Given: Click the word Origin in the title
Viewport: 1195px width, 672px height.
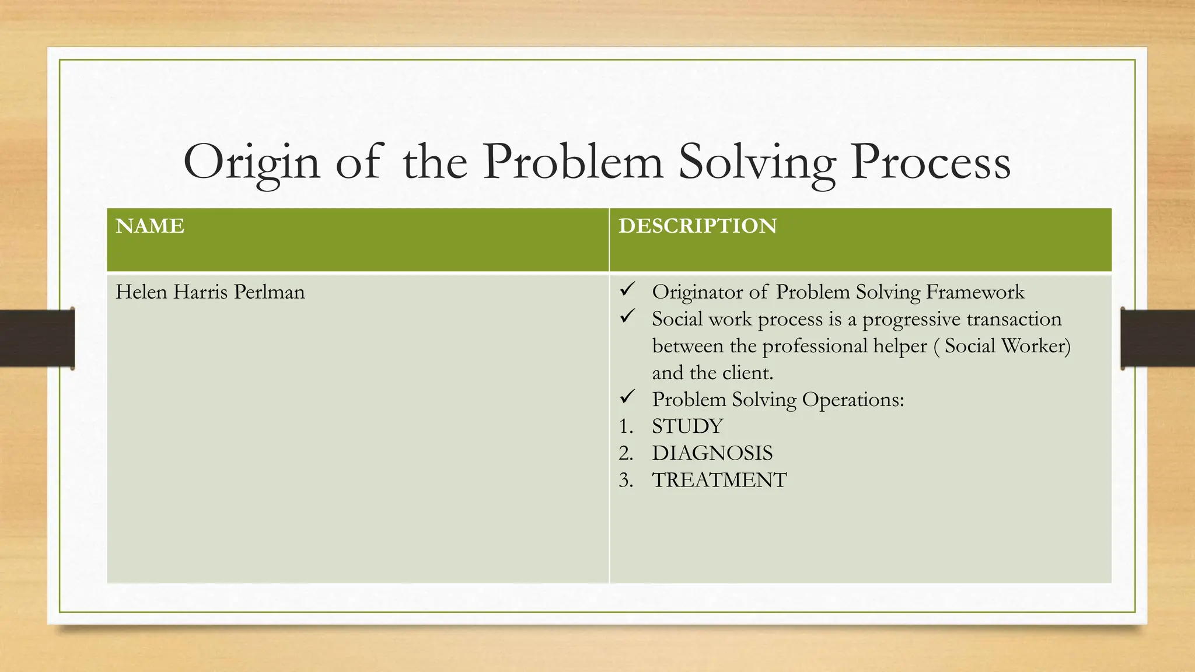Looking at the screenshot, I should (251, 163).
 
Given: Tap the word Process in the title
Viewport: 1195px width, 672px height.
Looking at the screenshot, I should (930, 163).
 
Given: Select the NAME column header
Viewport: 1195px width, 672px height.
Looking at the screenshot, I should (150, 226).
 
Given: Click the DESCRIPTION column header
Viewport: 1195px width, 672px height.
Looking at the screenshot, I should (697, 226).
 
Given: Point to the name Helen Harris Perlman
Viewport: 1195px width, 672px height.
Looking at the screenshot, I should (210, 292).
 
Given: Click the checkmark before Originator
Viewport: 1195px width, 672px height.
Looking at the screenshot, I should (627, 289).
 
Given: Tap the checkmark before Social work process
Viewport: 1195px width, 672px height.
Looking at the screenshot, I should (627, 317).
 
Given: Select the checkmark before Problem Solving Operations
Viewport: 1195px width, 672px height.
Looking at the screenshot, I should (627, 397).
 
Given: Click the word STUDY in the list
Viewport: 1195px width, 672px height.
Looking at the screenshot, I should (687, 426).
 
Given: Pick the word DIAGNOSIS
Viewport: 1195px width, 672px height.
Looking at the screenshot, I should (712, 453).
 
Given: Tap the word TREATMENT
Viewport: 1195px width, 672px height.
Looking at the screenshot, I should (719, 480).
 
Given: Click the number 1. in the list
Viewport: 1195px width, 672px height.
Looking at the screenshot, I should (626, 426).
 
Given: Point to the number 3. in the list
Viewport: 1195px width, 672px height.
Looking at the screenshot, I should (626, 480).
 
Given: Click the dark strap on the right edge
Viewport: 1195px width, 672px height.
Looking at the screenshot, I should (1158, 338).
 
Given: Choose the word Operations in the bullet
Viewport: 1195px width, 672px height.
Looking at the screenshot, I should (852, 400).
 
